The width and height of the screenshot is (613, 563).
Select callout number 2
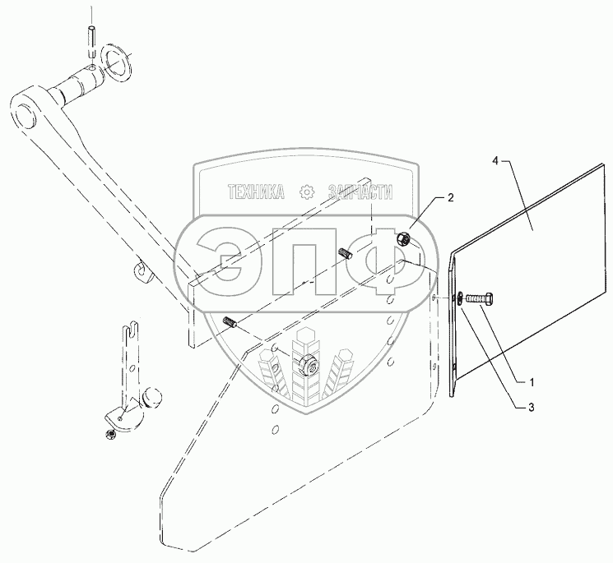click(x=450, y=198)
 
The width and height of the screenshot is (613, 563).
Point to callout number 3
click(x=532, y=404)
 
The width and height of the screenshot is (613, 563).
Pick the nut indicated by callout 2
click(x=406, y=240)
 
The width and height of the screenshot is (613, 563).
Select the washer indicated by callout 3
click(x=457, y=299)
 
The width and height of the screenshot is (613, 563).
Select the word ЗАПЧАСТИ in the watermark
click(x=361, y=192)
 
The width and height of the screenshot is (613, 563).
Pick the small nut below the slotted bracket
click(x=109, y=432)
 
